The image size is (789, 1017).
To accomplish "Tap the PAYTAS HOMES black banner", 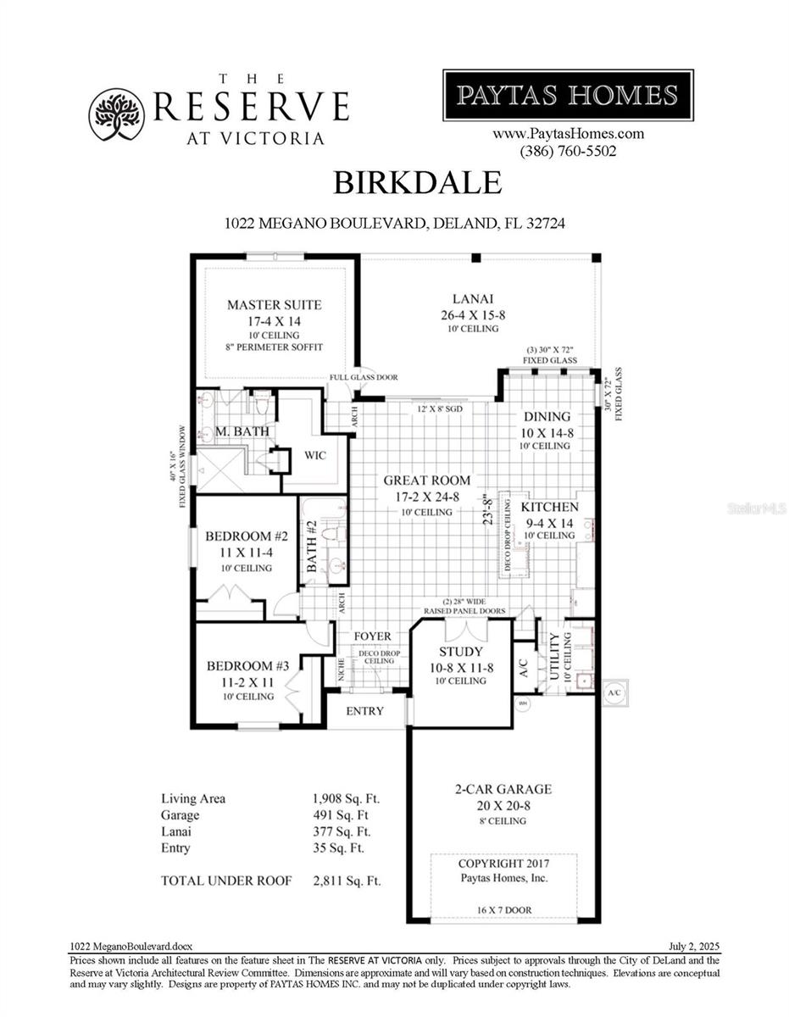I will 568,95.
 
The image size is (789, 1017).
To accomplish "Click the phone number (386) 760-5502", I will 568,152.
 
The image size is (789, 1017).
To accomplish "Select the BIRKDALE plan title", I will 417,182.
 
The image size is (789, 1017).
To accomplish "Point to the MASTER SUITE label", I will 274,305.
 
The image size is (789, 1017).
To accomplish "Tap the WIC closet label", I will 315,455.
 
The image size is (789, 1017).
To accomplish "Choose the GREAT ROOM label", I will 426,481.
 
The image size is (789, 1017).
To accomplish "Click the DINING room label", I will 546,417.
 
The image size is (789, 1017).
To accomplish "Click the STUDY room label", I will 461,652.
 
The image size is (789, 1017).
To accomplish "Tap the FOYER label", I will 372,636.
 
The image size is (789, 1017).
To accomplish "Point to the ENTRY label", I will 365,711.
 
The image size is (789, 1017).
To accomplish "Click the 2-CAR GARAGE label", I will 503,789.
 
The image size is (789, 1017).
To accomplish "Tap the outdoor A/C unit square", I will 614,692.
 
